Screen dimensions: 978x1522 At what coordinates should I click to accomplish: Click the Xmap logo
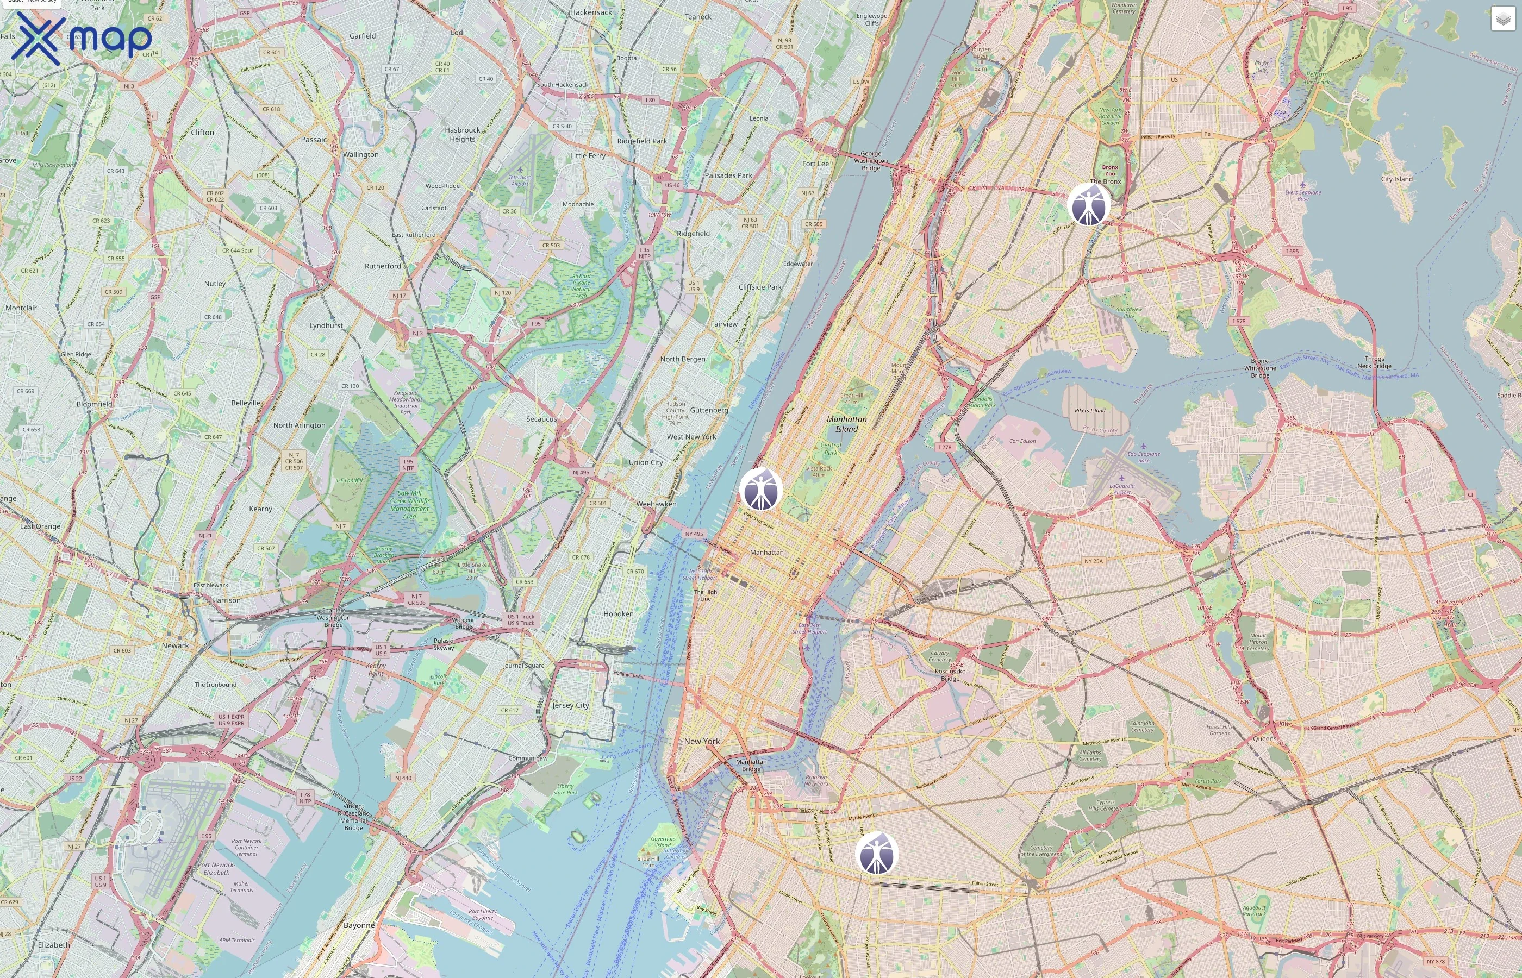pos(82,38)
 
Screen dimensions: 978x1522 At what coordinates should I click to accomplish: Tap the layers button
pos(1502,19)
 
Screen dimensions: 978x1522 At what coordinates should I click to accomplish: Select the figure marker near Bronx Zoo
pos(1089,204)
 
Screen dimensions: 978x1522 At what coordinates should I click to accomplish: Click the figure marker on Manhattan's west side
pos(760,489)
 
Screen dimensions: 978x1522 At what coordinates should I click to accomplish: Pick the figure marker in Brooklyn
pos(877,853)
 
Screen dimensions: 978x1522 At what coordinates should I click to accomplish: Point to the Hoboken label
pos(618,614)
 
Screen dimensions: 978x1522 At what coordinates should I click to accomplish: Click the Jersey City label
pos(570,705)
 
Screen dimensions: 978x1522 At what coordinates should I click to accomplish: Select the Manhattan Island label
pos(846,424)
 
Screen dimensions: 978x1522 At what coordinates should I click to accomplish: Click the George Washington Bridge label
pos(870,161)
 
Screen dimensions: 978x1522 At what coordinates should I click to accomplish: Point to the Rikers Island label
pos(1089,410)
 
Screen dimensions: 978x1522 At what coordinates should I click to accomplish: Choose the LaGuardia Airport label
pos(1122,489)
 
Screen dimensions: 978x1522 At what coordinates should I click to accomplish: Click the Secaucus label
pos(541,419)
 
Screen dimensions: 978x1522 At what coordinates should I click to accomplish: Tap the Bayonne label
pos(359,925)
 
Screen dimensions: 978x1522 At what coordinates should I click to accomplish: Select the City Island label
pos(1396,179)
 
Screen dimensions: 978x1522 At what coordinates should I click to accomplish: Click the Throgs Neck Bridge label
pos(1374,362)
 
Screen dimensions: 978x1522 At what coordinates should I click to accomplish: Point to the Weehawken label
pos(656,504)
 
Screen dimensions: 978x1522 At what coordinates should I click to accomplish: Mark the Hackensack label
pos(591,12)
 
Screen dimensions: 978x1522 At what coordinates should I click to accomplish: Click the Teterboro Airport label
pos(520,180)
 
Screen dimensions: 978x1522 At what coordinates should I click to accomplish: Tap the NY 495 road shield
pos(694,534)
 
